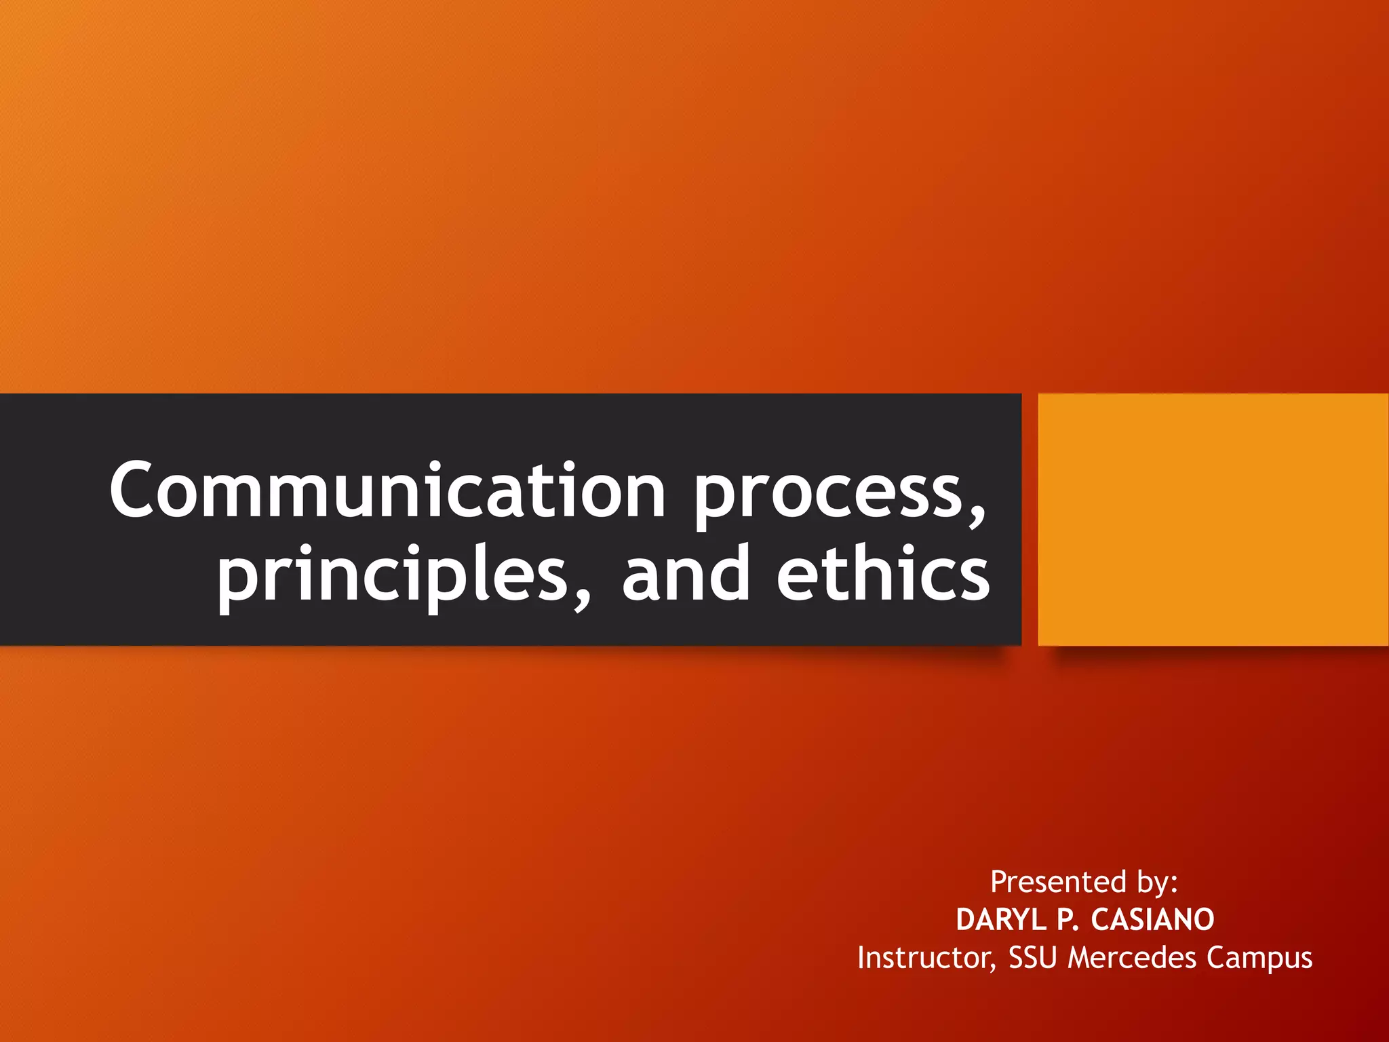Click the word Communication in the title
pyautogui.click(x=387, y=490)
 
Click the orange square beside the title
pyautogui.click(x=1213, y=519)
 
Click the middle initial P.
pyautogui.click(x=1068, y=920)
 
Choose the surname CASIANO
pyautogui.click(x=1152, y=920)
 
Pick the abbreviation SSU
pyautogui.click(x=1032, y=958)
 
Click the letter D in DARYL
pyautogui.click(x=967, y=920)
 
